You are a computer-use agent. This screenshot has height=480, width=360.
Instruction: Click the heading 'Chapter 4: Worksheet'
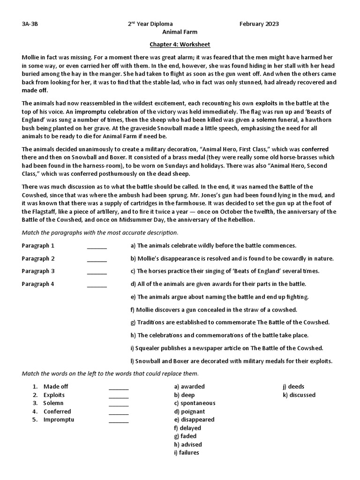tap(180, 45)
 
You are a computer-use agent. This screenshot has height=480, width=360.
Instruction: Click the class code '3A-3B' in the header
tap(30, 24)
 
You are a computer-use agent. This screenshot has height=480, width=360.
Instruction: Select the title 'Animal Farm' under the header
tap(180, 32)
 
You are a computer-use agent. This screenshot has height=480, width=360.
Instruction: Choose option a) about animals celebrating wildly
tap(213, 246)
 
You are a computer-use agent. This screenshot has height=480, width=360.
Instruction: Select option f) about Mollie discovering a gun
tap(214, 310)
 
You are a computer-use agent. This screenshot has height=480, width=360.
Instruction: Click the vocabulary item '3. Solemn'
tap(48, 403)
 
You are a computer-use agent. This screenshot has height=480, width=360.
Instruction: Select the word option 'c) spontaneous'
tap(195, 403)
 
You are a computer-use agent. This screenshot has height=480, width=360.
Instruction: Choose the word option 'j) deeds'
tap(293, 387)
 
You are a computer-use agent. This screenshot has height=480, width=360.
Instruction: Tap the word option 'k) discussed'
tap(299, 395)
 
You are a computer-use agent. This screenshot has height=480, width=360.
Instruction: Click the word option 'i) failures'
tap(186, 453)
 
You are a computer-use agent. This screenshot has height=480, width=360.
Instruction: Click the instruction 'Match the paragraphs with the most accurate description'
tap(100, 232)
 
